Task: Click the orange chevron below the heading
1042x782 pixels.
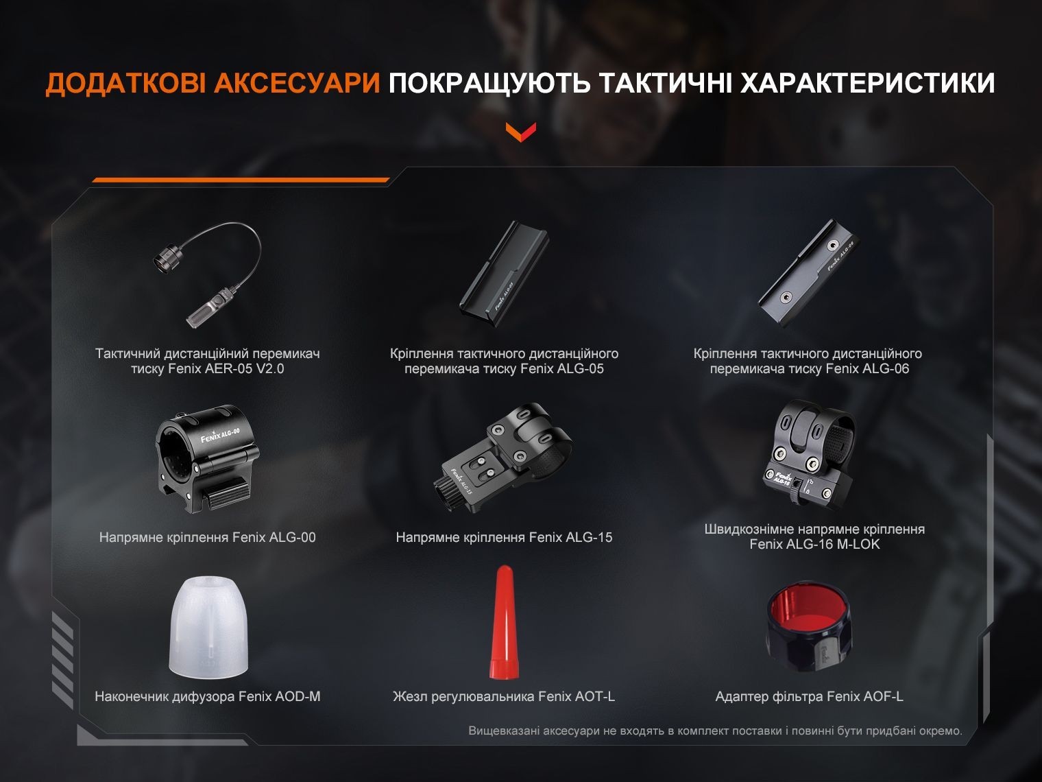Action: [520, 131]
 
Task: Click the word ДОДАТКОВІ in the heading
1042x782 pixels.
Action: [125, 84]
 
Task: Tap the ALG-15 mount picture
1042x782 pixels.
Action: [505, 463]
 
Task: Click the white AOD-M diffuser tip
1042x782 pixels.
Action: [207, 628]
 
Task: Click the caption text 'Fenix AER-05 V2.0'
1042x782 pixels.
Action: [207, 369]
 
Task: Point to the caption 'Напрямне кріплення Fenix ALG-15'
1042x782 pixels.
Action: [504, 537]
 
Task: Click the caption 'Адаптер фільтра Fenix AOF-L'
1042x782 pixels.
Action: [809, 697]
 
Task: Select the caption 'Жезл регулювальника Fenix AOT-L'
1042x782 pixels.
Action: [504, 697]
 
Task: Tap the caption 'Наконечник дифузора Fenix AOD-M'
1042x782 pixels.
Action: [207, 697]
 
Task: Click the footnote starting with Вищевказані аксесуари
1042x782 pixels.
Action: [715, 731]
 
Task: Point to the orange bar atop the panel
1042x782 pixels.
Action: [240, 180]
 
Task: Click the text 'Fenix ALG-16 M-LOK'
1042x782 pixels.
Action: [814, 545]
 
